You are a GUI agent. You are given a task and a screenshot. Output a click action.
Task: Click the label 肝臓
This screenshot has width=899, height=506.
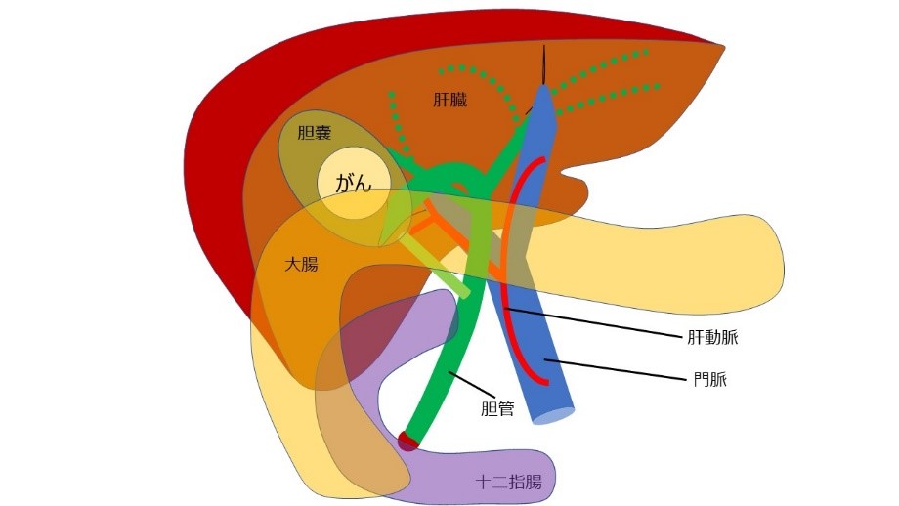pos(450,100)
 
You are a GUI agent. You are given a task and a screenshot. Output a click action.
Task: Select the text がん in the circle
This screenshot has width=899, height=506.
pos(354,183)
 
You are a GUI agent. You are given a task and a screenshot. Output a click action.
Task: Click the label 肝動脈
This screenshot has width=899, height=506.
pos(713,340)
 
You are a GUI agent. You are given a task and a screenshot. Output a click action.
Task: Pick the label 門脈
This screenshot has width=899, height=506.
pos(705,377)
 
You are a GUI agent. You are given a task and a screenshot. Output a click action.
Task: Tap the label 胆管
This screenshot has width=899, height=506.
pos(497,408)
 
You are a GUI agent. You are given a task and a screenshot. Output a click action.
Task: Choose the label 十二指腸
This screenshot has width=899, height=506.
pos(508,482)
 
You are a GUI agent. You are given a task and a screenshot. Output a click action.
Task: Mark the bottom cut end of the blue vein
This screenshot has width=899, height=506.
pos(552,416)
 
